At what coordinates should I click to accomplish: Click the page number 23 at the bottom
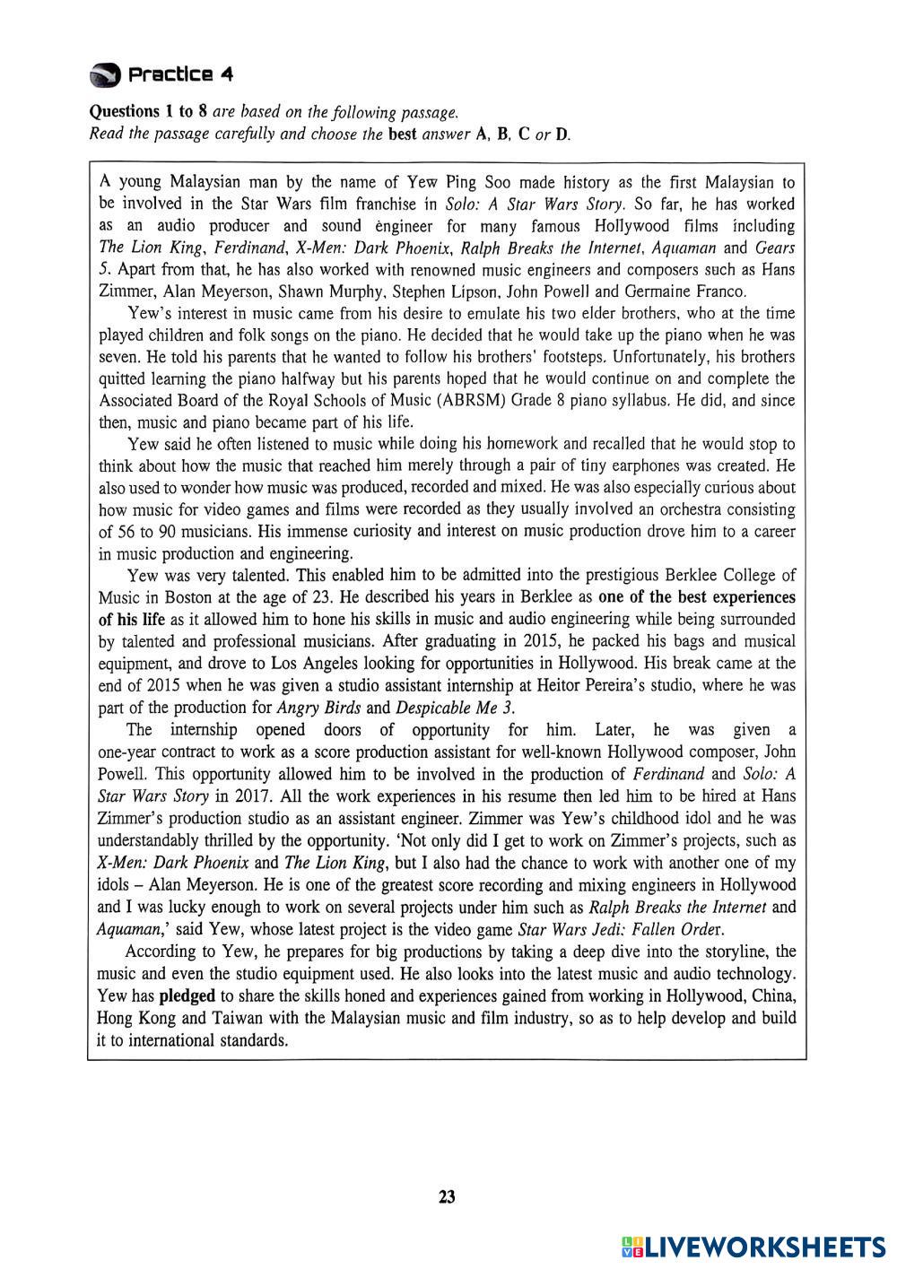pos(448,1196)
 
